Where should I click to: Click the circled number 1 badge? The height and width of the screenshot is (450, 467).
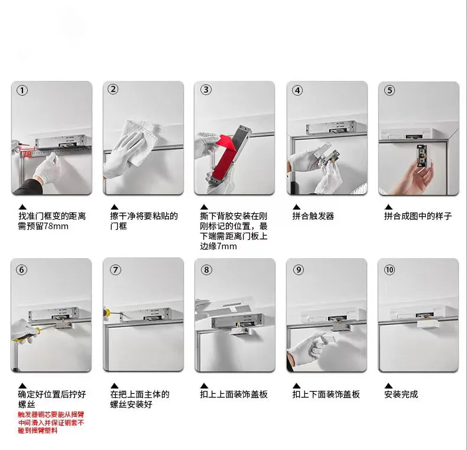[22, 91]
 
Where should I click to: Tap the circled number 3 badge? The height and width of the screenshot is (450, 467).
[206, 90]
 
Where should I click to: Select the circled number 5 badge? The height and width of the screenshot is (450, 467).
[390, 90]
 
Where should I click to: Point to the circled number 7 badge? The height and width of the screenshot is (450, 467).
[115, 269]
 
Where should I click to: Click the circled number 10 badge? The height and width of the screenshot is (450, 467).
[390, 269]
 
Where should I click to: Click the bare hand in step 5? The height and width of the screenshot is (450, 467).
[419, 177]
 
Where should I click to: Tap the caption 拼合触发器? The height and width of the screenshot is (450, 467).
[313, 216]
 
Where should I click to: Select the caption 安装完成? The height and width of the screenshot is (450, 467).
[401, 394]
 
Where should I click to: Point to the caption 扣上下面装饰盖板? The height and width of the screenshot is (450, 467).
[326, 394]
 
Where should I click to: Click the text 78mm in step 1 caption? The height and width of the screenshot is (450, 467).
[55, 226]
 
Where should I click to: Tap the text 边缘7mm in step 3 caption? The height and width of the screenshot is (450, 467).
[218, 246]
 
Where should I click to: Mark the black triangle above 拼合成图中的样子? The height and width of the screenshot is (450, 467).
[388, 206]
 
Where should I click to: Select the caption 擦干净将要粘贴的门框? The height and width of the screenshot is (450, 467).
[143, 221]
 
